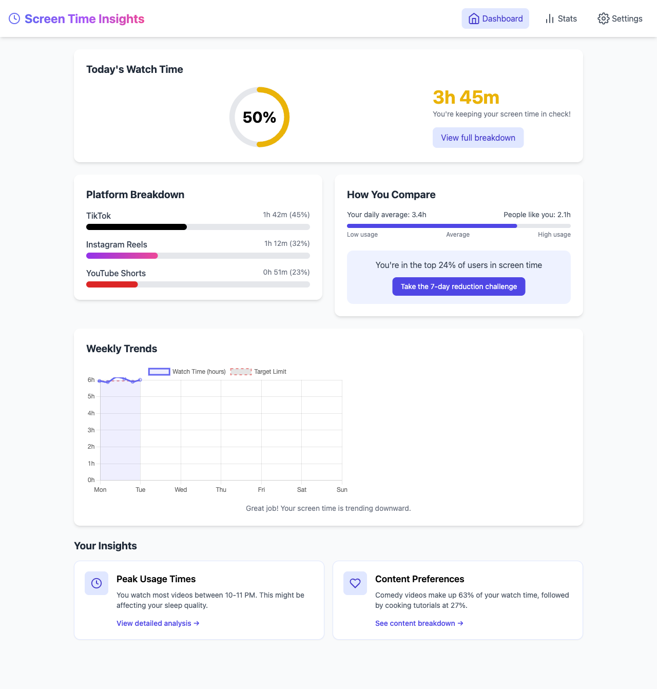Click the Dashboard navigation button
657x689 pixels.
495,18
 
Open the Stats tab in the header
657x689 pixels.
561,18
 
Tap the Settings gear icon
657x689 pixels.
603,18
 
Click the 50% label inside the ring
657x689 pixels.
259,118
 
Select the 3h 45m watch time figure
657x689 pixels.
466,97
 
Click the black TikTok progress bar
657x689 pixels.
137,227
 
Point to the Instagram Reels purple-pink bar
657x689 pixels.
122,256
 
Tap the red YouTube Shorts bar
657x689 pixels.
112,284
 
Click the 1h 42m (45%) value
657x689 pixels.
286,215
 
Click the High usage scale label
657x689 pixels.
554,235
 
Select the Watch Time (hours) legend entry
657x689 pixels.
187,372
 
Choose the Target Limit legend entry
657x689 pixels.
258,372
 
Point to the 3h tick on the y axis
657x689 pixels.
91,430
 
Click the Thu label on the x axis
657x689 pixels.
221,490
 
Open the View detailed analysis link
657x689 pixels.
158,623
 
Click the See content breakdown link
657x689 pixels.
419,623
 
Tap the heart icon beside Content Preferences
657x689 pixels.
355,583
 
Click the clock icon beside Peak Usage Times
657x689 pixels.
96,583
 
